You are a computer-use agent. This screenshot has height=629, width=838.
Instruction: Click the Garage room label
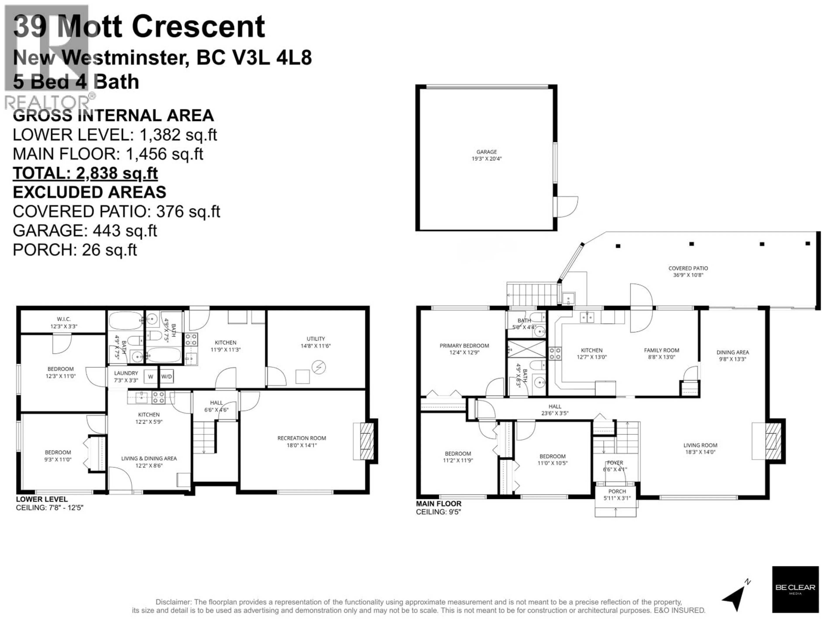coord(486,155)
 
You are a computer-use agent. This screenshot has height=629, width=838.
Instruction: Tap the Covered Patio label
coord(688,271)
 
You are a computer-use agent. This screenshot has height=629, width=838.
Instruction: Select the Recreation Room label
coord(302,441)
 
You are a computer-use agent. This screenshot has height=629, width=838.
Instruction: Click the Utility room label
coord(316,342)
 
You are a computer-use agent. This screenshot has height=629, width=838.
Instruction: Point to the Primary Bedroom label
coord(464,349)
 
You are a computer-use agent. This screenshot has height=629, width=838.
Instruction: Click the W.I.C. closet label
coord(64,323)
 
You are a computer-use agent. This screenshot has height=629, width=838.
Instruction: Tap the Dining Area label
coord(732,356)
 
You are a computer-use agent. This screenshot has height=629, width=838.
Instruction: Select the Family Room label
coord(661,353)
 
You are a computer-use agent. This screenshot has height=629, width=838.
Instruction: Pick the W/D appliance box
coord(167,377)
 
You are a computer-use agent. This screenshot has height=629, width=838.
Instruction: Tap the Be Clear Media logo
coord(795,589)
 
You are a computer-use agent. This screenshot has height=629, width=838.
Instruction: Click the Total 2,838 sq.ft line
coord(85,173)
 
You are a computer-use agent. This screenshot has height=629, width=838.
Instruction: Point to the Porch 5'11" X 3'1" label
coord(617,495)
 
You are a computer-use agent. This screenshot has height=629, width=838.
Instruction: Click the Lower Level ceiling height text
coord(49,508)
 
